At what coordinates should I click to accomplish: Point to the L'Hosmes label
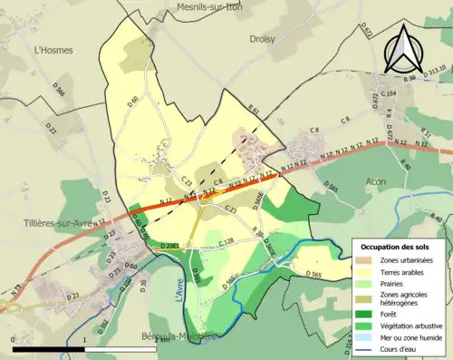pyautogui.click(x=52, y=51)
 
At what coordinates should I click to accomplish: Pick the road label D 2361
pyautogui.click(x=169, y=246)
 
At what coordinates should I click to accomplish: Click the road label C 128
pyautogui.click(x=226, y=241)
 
